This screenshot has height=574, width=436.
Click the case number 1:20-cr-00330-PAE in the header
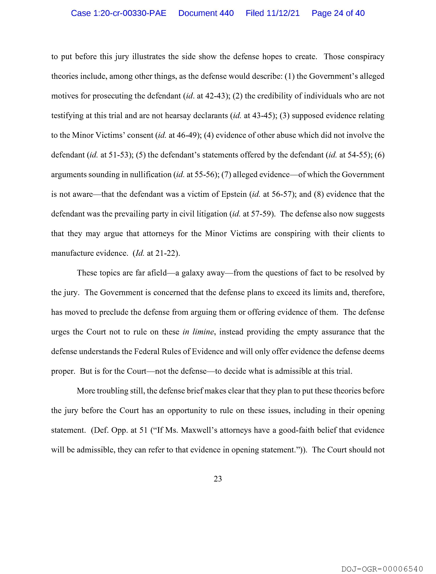coord(119,13)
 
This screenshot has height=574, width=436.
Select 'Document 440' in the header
coord(206,13)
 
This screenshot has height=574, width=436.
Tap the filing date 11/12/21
coord(283,13)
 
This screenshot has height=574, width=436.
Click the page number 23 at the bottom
coord(218,479)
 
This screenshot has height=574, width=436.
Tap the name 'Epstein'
coord(234,194)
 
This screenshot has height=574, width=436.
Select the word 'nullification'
coord(150,175)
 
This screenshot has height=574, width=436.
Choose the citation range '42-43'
coord(214,96)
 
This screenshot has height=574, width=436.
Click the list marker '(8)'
coord(319,194)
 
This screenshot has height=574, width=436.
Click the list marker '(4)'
coord(209,135)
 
